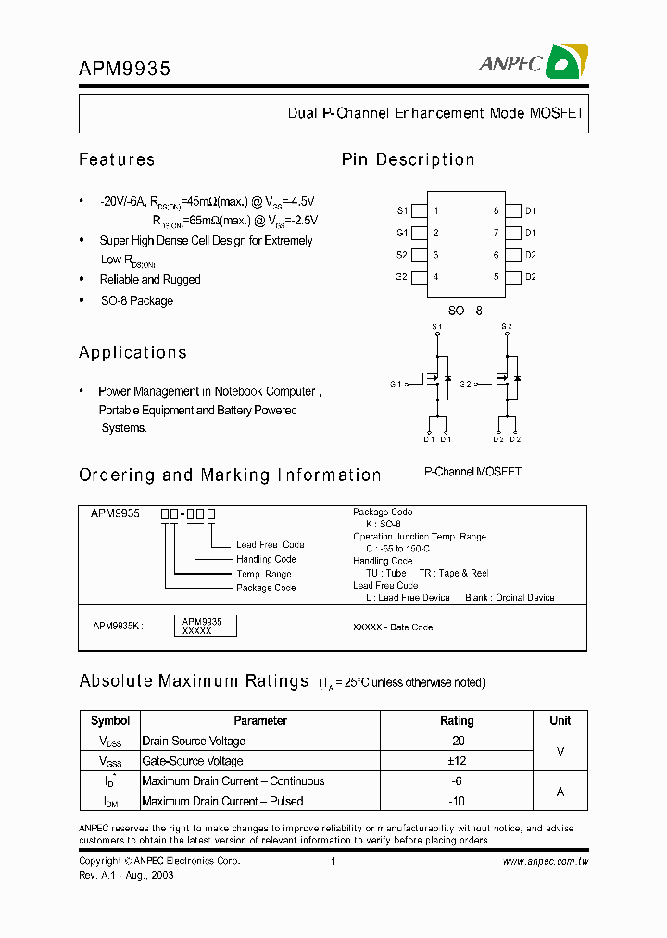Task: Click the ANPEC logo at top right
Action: point(533,62)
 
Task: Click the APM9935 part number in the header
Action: point(124,68)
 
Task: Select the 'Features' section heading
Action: point(117,159)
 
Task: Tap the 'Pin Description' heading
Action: point(408,159)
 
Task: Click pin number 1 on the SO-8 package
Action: point(436,211)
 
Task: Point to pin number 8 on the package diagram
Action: point(496,211)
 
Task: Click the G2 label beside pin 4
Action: point(402,277)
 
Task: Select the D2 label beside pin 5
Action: point(531,277)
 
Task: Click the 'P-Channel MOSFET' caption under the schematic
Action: point(472,472)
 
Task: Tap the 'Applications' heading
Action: point(132,352)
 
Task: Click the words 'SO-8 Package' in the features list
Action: point(136,300)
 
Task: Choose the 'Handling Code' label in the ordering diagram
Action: point(266,559)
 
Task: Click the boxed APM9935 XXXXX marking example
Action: point(205,626)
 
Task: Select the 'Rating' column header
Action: point(457,720)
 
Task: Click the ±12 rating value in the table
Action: point(457,761)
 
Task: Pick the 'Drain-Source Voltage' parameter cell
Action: point(194,741)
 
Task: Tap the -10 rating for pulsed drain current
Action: point(457,801)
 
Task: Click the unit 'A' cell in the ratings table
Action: point(560,792)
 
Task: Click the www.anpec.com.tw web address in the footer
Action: point(546,861)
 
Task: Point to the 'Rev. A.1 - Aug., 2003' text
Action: point(126,875)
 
